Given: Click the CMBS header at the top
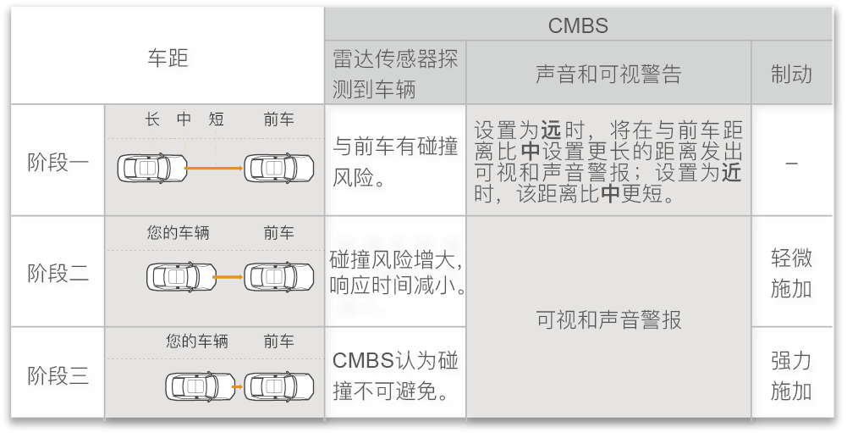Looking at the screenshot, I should [578, 25].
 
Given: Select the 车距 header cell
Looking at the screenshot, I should [168, 58].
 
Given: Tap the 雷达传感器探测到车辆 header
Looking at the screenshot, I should [395, 73].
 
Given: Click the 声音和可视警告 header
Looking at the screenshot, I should [608, 74].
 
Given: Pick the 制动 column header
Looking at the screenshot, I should [791, 74].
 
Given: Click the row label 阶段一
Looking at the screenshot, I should [58, 161].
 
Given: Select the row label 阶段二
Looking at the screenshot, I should [58, 273].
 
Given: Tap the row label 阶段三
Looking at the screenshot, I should [58, 375].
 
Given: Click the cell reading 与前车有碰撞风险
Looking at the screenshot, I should [395, 162].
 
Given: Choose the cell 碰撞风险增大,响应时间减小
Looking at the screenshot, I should [395, 271].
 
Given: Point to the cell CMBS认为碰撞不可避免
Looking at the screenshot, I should [395, 375].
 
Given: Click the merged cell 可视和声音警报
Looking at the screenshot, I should [608, 320].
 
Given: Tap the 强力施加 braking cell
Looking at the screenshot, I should [791, 375].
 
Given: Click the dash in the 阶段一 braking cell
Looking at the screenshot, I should [791, 163].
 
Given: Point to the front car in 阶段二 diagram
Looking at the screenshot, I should [278, 276].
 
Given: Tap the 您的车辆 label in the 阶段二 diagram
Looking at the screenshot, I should [178, 232].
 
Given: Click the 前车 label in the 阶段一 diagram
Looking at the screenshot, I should [278, 119].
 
